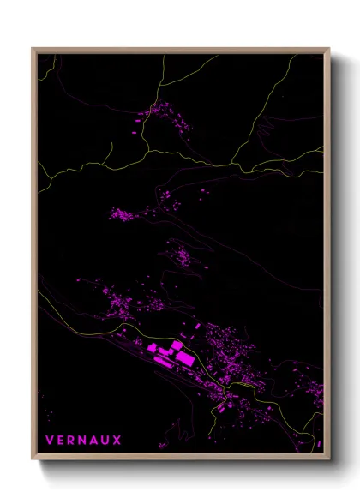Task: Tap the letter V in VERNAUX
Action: point(50,441)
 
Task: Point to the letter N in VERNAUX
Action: point(77,441)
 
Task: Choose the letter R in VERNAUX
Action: point(68,441)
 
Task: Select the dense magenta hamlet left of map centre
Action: point(124,213)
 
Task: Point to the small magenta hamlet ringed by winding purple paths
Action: point(183,254)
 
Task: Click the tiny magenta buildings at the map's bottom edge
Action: point(162,446)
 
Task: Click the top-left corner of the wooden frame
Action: point(33,49)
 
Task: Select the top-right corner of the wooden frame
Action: point(329,49)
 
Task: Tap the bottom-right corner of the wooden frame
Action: point(329,459)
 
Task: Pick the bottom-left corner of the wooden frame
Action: point(33,459)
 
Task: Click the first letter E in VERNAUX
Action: point(58,441)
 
